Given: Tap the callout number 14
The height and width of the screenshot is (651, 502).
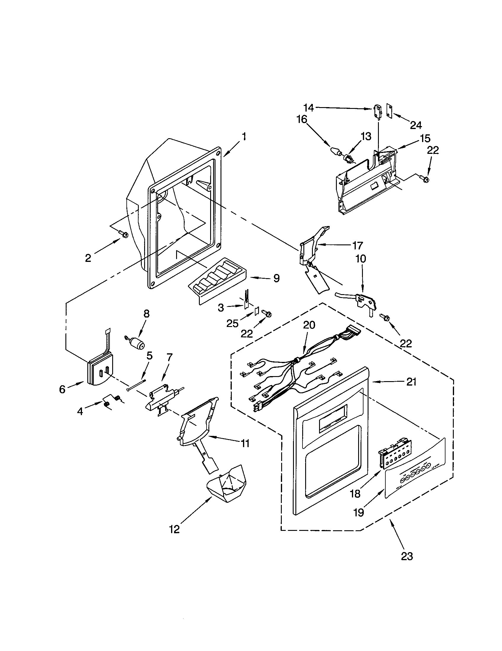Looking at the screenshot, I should click(x=309, y=108).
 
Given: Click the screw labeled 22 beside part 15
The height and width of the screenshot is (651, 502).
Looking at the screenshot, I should click(x=425, y=179).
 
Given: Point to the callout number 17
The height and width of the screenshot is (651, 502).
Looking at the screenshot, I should click(x=358, y=246).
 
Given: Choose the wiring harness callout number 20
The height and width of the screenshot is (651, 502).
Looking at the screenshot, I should click(x=309, y=325).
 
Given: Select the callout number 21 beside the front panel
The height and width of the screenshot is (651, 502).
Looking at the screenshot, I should click(x=411, y=382).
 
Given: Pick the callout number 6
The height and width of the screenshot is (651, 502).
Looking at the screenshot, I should click(x=62, y=389).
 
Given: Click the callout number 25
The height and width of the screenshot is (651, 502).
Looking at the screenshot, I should click(x=232, y=323).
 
